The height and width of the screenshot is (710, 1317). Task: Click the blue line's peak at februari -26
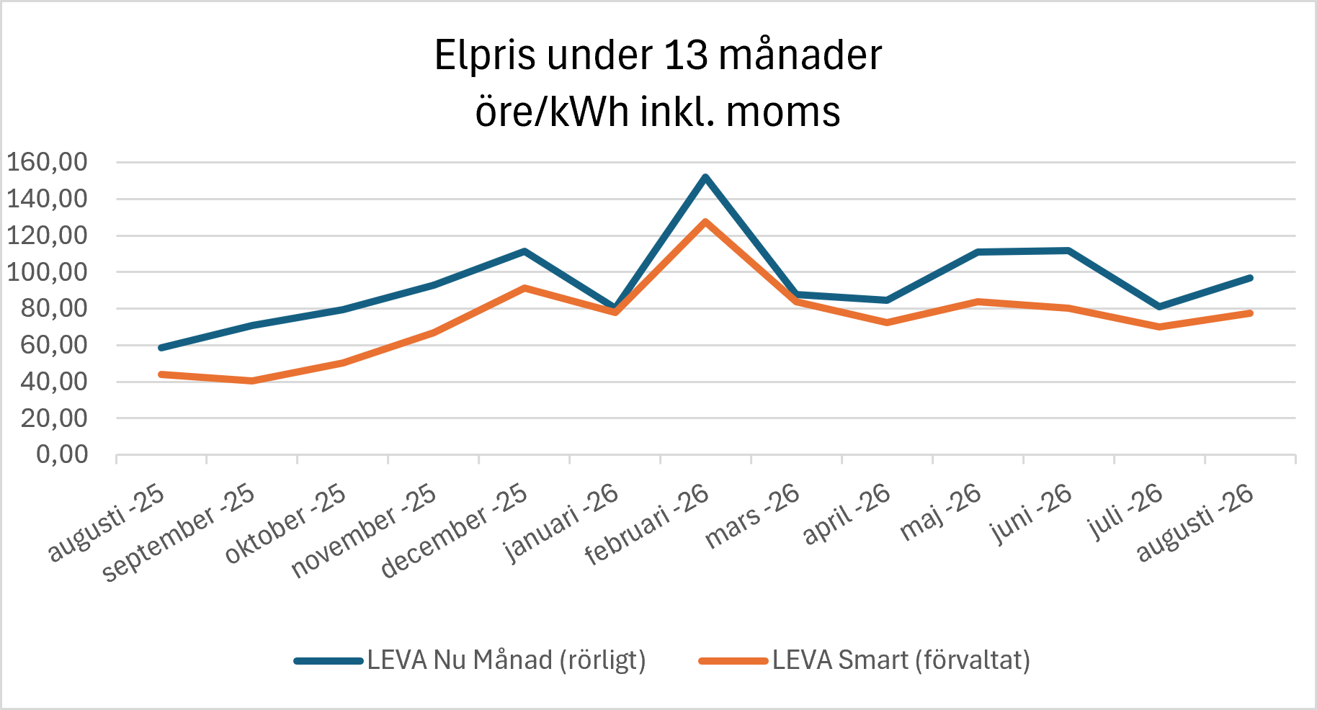[x=705, y=177]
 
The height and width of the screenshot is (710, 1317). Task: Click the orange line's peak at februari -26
[x=705, y=222]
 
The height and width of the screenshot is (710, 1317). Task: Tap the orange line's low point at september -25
[x=252, y=380]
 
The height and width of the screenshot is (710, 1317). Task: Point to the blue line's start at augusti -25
[x=161, y=348]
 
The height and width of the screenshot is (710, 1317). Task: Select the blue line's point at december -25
[x=524, y=251]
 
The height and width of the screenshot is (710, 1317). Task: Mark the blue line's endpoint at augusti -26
[x=1250, y=278]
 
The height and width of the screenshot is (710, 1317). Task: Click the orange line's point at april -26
[x=887, y=323]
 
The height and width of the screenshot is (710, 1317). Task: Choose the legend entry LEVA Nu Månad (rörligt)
[x=470, y=660]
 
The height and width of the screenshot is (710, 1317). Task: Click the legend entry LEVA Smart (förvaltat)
[x=865, y=660]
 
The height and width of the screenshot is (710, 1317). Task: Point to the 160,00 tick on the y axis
[x=48, y=162]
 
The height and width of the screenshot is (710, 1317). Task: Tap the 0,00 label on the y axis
[x=63, y=454]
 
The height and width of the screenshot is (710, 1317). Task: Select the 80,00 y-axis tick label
[x=54, y=308]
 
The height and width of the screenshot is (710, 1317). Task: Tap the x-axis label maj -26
[x=941, y=511]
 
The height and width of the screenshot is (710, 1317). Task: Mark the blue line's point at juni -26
[x=1068, y=251]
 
